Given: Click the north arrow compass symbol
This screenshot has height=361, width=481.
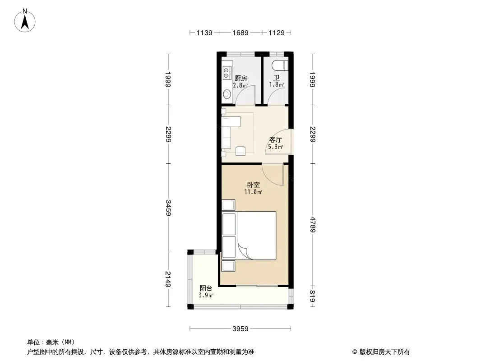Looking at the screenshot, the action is click(x=25, y=21).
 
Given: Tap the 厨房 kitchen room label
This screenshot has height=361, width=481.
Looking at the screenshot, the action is click(x=241, y=79).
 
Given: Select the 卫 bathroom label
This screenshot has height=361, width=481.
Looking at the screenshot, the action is click(x=277, y=78).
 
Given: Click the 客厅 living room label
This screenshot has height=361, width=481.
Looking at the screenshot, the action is click(x=276, y=140).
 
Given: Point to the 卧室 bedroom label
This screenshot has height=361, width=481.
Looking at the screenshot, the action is click(x=254, y=185).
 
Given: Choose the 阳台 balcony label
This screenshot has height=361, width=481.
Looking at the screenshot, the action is click(x=206, y=288).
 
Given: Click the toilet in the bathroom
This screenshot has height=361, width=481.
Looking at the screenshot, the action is click(x=280, y=65).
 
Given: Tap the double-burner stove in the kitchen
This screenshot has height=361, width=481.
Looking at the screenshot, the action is click(x=226, y=73).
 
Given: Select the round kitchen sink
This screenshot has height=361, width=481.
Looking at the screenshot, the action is click(x=227, y=94).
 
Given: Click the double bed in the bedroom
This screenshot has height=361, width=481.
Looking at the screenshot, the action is click(x=249, y=236).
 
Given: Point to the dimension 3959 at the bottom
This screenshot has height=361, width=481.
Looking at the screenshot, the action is click(x=240, y=329).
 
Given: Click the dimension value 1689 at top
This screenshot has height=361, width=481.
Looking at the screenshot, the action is click(x=240, y=33).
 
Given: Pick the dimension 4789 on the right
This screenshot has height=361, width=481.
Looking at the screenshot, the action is click(x=313, y=225).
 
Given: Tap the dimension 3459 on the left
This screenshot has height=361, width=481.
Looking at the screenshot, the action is click(x=168, y=208).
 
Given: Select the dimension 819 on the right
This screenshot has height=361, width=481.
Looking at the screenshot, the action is click(x=313, y=296).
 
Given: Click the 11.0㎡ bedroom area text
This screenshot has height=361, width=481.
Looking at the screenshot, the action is click(x=253, y=192).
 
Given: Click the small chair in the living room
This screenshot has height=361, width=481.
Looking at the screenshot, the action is click(x=240, y=150).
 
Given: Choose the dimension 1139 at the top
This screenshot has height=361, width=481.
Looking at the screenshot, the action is click(x=204, y=33).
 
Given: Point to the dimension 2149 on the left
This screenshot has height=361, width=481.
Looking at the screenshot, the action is click(x=168, y=279).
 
